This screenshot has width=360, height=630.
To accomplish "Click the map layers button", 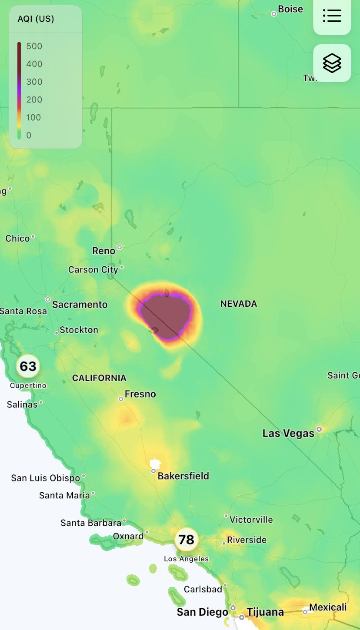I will [x=332, y=63].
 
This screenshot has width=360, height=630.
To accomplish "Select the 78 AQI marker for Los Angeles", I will [x=187, y=539].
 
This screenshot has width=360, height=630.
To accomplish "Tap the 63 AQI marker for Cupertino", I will [x=28, y=366].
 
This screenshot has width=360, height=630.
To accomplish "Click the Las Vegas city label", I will [x=288, y=433].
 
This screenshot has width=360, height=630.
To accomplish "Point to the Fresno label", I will [x=140, y=394].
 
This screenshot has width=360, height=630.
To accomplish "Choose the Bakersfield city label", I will [x=183, y=476].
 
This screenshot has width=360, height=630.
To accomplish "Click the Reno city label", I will [x=104, y=251].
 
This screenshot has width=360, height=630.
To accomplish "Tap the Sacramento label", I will [x=80, y=305].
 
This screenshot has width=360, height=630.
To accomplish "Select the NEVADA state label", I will [x=239, y=304].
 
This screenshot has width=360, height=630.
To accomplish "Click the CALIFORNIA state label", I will [x=99, y=378].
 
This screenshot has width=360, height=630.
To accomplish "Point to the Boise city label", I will [x=290, y=9].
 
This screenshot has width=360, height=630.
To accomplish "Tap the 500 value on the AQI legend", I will [x=34, y=46].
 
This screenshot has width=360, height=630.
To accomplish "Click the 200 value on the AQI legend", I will [x=34, y=99].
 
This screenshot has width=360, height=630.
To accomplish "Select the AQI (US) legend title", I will [x=36, y=19].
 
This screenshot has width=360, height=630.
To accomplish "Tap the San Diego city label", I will [x=202, y=612].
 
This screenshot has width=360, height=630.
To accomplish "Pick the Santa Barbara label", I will [x=91, y=523].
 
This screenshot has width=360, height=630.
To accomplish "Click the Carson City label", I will [x=93, y=270].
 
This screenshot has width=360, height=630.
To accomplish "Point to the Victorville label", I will [x=251, y=520].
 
